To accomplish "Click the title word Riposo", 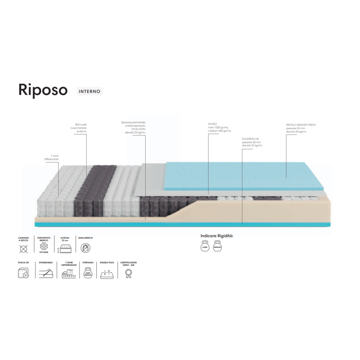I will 43,90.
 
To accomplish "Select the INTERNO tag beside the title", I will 89,91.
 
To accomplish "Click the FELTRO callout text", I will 218,127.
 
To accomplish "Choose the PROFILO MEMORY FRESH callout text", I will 300,128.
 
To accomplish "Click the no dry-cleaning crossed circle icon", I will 24,249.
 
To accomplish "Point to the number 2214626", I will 44,252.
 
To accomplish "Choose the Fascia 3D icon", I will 23,274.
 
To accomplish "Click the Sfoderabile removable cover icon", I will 46,273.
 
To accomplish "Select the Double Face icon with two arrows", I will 106,274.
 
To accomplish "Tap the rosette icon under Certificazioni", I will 128,273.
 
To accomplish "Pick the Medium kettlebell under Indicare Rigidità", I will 217,247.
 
